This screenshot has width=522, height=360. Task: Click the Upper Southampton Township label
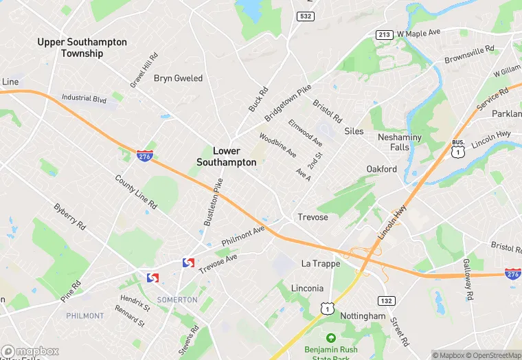pyautogui.click(x=82, y=47)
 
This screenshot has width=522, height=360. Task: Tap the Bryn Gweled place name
pyautogui.click(x=178, y=78)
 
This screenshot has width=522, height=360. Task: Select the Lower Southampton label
pyautogui.click(x=226, y=157)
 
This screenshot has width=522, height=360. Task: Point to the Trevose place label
pyautogui.click(x=313, y=217)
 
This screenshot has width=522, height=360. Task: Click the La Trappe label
pyautogui.click(x=321, y=263)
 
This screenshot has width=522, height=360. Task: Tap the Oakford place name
pyautogui.click(x=381, y=169)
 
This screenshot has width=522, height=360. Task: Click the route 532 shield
pyautogui.click(x=306, y=16)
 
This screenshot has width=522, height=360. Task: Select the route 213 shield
pyautogui.click(x=384, y=34)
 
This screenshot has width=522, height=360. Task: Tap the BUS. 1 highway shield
pyautogui.click(x=458, y=147)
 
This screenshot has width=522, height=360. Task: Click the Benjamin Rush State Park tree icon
pyautogui.click(x=331, y=338)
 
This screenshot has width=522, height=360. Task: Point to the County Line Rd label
pyautogui.click(x=136, y=192)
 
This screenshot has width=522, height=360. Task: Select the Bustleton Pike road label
pyautogui.click(x=214, y=204)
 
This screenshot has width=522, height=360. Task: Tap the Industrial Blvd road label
pyautogui.click(x=84, y=99)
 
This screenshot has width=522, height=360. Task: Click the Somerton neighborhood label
pyautogui.click(x=177, y=300)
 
